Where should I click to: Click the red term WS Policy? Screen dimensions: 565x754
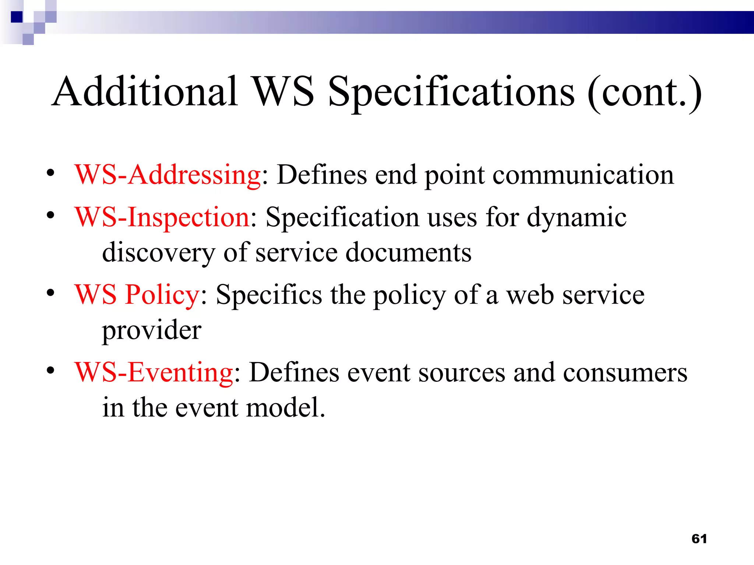(137, 295)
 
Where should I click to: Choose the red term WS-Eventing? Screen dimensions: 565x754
(154, 372)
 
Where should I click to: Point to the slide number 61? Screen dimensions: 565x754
(699, 539)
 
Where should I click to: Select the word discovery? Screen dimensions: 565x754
(159, 253)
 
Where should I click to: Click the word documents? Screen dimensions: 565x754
(408, 252)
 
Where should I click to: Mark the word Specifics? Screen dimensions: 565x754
(269, 295)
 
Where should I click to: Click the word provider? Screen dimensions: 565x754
(152, 330)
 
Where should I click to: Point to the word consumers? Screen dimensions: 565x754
(625, 372)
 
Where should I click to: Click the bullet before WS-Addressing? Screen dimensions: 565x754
(50, 173)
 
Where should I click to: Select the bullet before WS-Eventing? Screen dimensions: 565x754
(50, 370)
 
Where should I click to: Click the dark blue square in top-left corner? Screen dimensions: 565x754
(17, 17)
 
